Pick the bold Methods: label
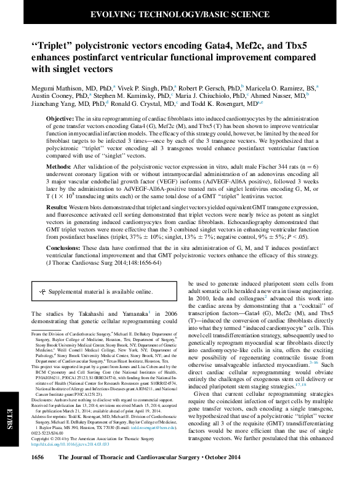pos(60,166)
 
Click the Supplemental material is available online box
pos(96,291)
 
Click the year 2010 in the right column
pos(201,297)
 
